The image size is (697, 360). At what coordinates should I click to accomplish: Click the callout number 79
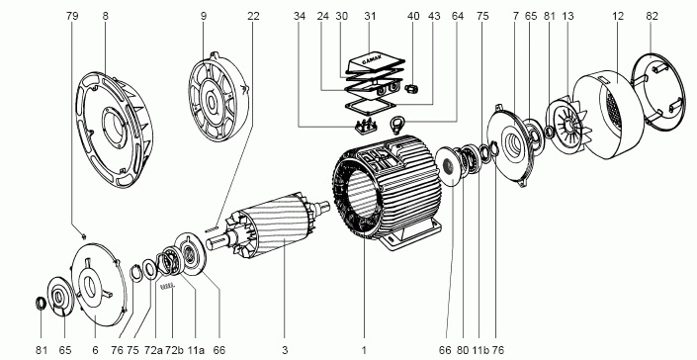coord(72,16)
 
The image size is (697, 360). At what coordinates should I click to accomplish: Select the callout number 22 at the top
coord(253,16)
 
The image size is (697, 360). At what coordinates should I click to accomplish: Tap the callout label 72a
coord(153,350)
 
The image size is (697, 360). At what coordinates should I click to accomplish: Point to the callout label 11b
coord(479,350)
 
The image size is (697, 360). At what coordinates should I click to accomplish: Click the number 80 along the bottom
coord(463,350)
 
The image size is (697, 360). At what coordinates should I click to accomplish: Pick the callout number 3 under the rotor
coord(285,350)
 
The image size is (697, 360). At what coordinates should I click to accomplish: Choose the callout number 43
coord(434,16)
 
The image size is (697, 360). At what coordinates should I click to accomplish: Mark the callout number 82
coord(652,16)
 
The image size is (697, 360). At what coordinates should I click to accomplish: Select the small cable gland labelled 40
coord(411,89)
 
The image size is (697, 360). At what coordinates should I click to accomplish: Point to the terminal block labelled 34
coord(366,126)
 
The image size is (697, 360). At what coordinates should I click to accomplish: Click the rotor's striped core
coord(280,225)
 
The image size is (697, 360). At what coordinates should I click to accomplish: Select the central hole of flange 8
coord(115,127)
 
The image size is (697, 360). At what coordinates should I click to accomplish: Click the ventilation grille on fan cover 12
coord(613,110)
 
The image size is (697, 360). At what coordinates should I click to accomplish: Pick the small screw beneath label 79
coord(83,235)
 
